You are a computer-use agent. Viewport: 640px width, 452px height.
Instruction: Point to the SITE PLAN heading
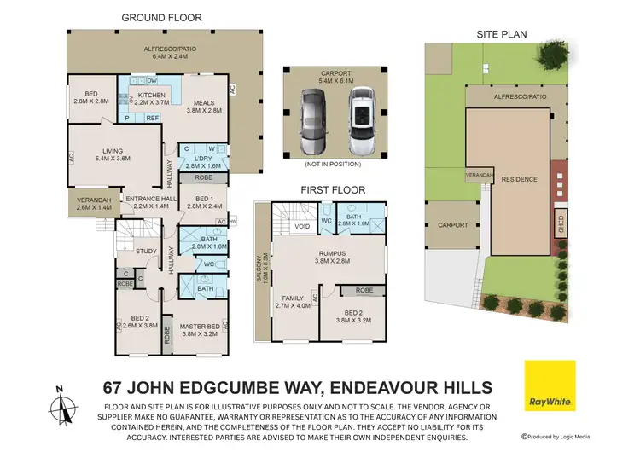point(501,34)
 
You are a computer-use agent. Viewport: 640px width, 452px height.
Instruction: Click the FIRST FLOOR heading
point(332,189)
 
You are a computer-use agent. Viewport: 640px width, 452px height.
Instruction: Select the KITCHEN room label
point(151,96)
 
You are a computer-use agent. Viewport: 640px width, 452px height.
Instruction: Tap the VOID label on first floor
point(301,227)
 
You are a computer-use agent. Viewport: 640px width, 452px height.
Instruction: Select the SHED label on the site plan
point(560,225)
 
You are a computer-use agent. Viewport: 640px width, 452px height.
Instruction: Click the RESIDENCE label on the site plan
point(519,179)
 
